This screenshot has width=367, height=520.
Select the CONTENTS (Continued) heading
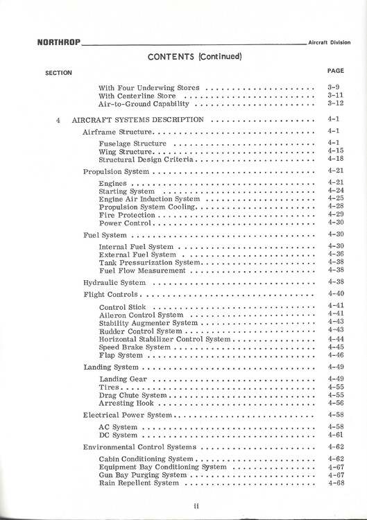pyautogui.click(x=194, y=56)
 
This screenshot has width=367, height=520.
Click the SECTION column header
pyautogui.click(x=58, y=73)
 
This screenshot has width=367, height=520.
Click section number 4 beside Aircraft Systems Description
pyautogui.click(x=58, y=119)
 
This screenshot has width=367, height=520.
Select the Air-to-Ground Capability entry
pyautogui.click(x=144, y=103)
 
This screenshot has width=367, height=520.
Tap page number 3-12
pyautogui.click(x=335, y=103)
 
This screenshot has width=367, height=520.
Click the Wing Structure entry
pyautogui.click(x=126, y=151)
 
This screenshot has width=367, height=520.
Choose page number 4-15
pyautogui.click(x=335, y=151)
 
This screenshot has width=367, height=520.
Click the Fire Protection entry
pyautogui.click(x=126, y=215)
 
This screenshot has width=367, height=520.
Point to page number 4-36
pyautogui.click(x=335, y=254)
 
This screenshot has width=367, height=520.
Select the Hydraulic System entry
pyautogui.click(x=114, y=283)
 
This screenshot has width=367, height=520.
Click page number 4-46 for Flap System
pyautogui.click(x=335, y=355)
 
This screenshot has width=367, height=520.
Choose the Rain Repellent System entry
pyautogui.click(x=139, y=483)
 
